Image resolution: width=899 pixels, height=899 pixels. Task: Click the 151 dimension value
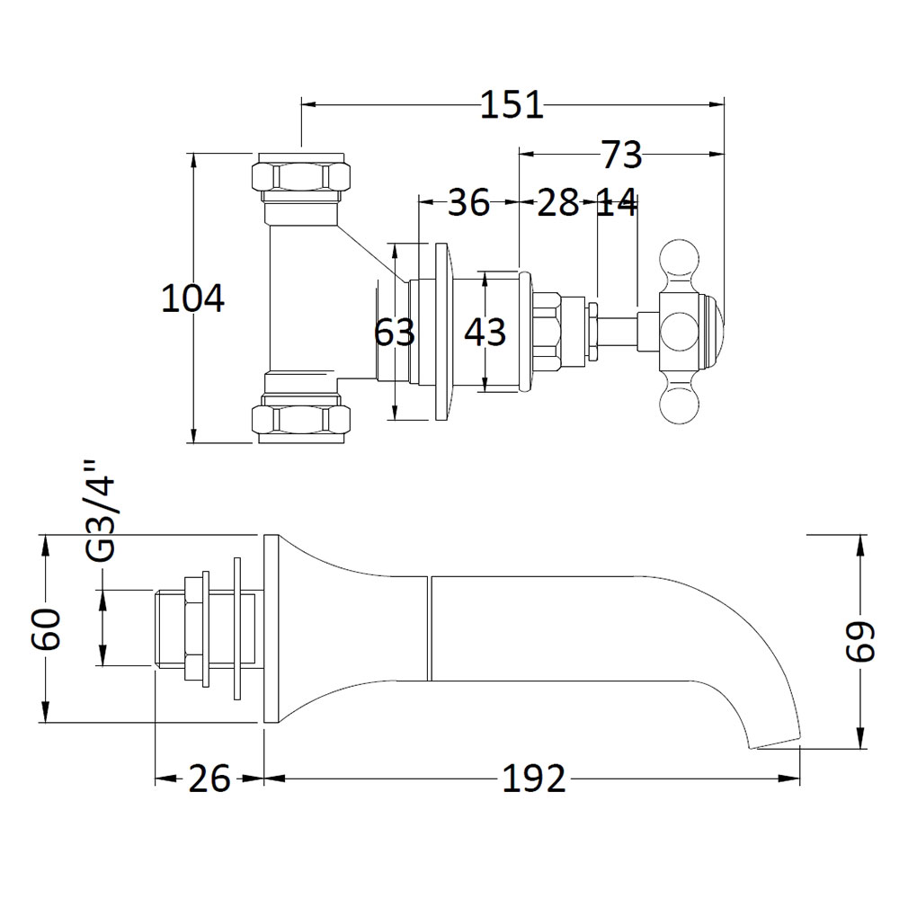pyautogui.click(x=512, y=105)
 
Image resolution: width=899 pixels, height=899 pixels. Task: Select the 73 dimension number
pyautogui.click(x=621, y=155)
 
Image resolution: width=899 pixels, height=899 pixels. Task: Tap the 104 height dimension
pyautogui.click(x=192, y=298)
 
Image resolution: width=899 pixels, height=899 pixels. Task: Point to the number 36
pyautogui.click(x=468, y=201)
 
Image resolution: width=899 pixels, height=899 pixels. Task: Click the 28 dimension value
pyautogui.click(x=558, y=201)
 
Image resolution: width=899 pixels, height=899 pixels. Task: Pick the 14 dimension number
pyautogui.click(x=617, y=201)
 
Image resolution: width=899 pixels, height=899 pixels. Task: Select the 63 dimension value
pyautogui.click(x=395, y=332)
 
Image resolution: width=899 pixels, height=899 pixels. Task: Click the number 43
pyautogui.click(x=485, y=332)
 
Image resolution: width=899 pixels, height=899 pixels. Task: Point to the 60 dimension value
pyautogui.click(x=46, y=629)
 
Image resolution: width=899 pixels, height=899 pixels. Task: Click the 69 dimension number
pyautogui.click(x=861, y=640)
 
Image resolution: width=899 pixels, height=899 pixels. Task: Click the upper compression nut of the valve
pyautogui.click(x=300, y=177)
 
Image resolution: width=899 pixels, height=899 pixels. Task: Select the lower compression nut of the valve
pyautogui.click(x=300, y=419)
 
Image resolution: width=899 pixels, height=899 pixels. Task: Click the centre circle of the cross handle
pyautogui.click(x=680, y=332)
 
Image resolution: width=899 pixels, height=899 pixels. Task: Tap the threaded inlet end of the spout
pyautogui.click(x=170, y=629)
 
